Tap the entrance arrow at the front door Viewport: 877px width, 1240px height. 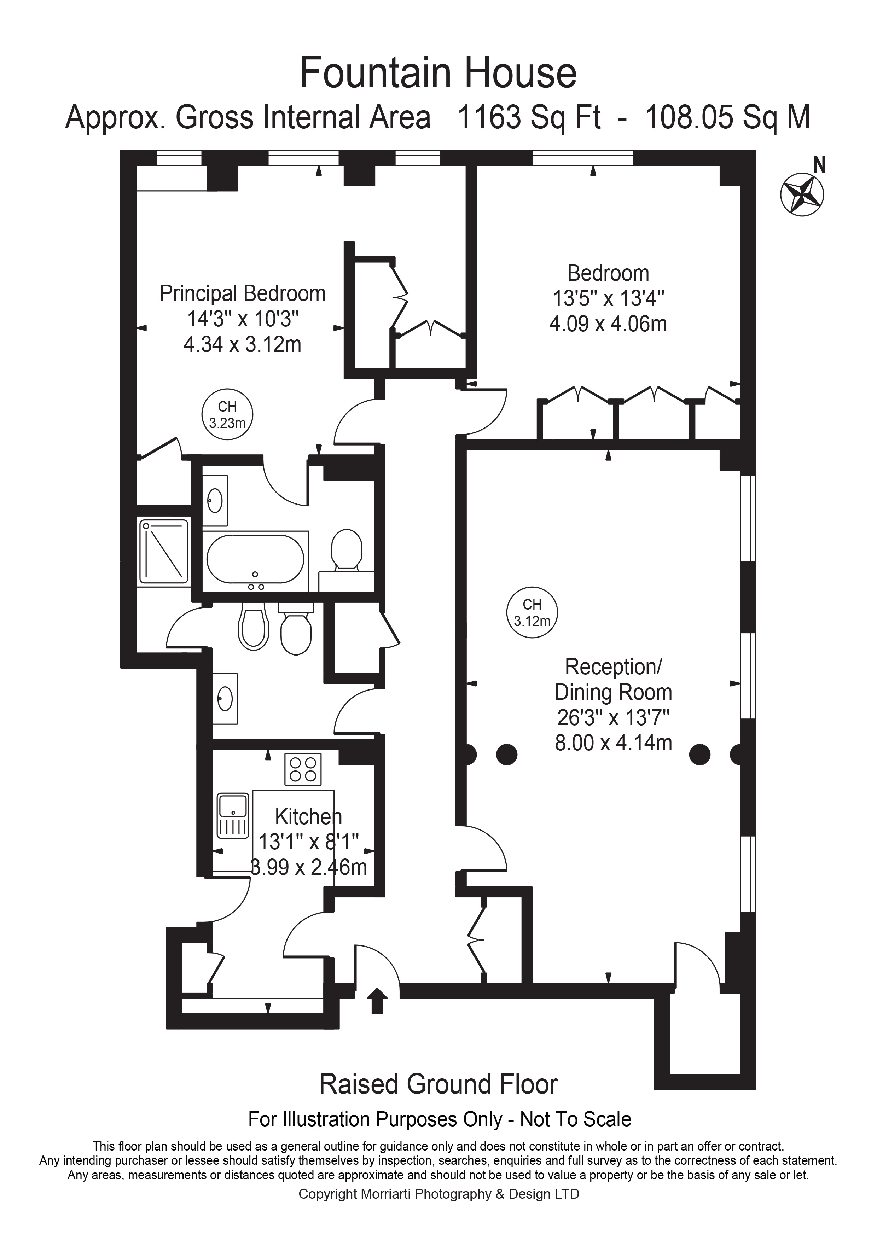(x=377, y=1001)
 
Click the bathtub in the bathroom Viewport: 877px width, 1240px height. (x=255, y=559)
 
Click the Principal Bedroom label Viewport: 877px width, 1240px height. (x=243, y=294)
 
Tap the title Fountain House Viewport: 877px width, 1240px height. (x=438, y=73)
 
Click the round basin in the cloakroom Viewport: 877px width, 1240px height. (x=225, y=700)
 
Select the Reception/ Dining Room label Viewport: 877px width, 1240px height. (x=613, y=680)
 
